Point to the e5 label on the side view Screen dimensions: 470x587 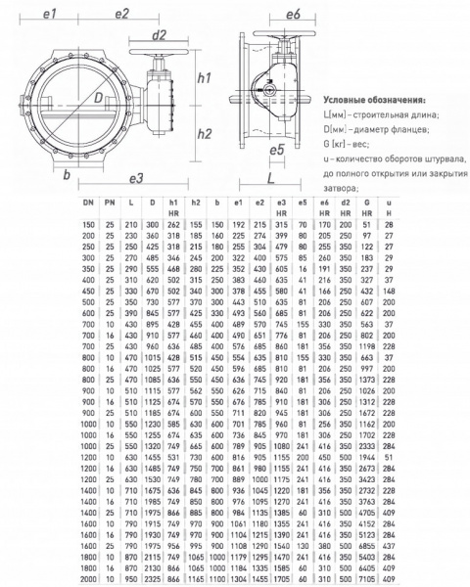[277, 150]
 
